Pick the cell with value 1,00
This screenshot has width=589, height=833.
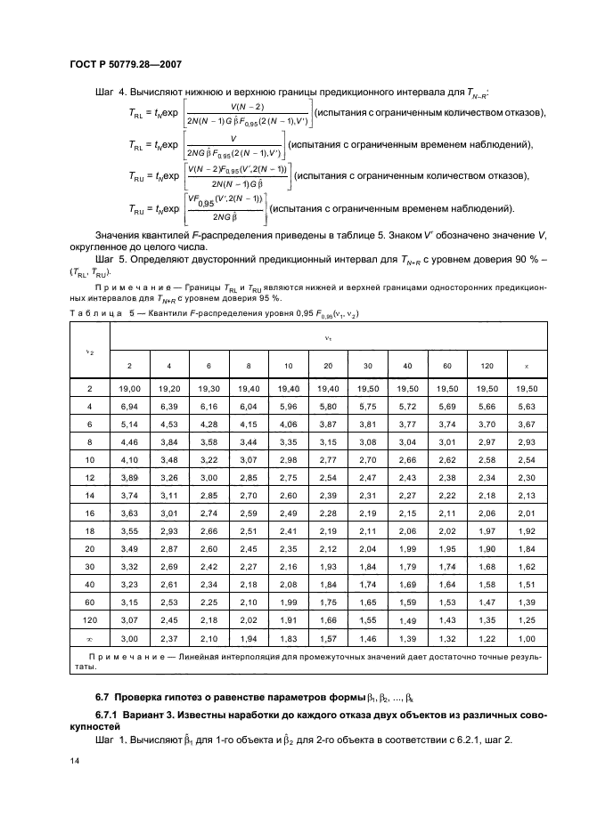[527, 638]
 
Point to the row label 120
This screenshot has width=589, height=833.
[89, 619]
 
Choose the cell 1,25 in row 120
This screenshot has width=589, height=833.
[527, 619]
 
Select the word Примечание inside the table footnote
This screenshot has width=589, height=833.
[121, 656]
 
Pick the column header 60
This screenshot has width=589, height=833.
[447, 366]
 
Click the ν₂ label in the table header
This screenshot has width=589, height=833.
[89, 352]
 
